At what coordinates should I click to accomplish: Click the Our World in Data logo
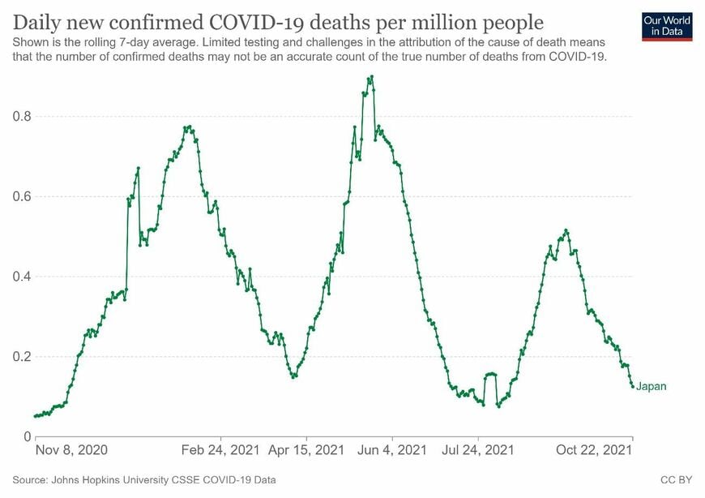[x=667, y=27]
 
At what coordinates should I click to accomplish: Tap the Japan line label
[x=651, y=386]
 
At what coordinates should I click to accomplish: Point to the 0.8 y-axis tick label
[x=22, y=117]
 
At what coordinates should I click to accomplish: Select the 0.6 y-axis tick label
[x=22, y=196]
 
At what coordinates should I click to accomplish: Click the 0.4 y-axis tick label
[x=22, y=277]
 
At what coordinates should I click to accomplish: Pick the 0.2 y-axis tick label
[x=22, y=356]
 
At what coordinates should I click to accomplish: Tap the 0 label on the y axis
[x=28, y=436]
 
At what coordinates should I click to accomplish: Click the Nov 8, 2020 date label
[x=71, y=450]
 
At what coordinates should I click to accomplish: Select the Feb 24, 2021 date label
[x=220, y=450]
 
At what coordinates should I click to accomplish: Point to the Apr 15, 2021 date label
[x=306, y=450]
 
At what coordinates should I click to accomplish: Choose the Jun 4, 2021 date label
[x=392, y=450]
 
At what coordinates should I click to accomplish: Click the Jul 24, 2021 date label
[x=478, y=450]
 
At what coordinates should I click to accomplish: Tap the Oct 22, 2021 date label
[x=594, y=450]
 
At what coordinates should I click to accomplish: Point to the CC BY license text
[x=676, y=480]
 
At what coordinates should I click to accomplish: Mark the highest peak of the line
[x=372, y=77]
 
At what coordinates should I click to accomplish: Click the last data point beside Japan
[x=633, y=386]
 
